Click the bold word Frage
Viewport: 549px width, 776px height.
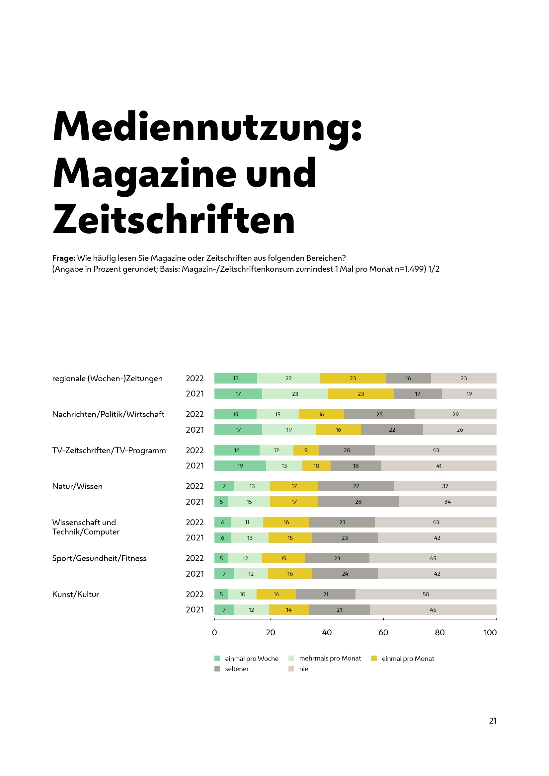tap(63, 258)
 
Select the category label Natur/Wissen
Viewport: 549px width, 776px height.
tap(77, 486)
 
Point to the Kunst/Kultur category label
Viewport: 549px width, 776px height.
tap(75, 595)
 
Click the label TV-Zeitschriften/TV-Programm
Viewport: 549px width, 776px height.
tap(109, 451)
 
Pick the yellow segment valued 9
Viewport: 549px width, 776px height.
tap(306, 450)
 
